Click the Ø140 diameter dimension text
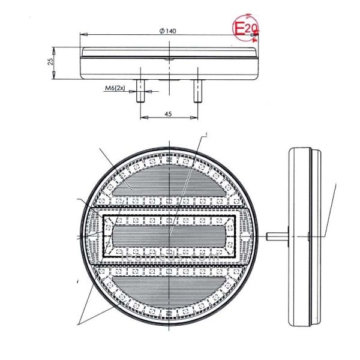(168, 31)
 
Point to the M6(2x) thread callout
(115, 89)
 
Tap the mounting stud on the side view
(275, 235)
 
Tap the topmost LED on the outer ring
(170, 160)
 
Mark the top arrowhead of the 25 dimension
(56, 49)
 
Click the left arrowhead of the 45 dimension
(143, 118)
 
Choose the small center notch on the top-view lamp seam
(170, 60)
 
